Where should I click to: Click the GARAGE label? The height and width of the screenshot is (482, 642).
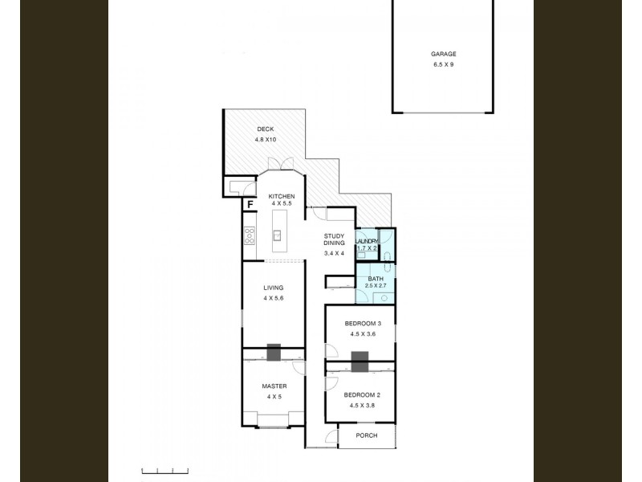point(443,54)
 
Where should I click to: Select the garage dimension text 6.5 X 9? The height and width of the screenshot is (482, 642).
point(443,64)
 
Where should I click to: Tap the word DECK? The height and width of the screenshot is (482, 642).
point(266,129)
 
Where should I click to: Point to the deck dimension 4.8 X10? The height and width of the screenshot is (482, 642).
point(266,140)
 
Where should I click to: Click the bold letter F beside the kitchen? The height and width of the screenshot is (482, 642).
point(250,204)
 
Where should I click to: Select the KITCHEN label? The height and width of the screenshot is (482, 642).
point(281,197)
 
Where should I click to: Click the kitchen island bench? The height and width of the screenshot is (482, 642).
point(278,235)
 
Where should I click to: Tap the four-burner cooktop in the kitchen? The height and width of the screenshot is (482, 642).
point(249,236)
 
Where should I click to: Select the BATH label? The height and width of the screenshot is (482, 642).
point(376,279)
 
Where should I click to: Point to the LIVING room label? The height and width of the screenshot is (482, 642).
point(273,288)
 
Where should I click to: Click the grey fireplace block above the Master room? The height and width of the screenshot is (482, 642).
point(274,351)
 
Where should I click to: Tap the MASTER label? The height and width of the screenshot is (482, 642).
point(274,386)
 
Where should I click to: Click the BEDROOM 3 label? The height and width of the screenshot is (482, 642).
point(363,323)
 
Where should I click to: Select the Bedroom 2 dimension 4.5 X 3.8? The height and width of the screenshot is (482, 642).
point(363,406)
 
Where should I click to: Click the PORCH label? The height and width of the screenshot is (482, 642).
point(367,435)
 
